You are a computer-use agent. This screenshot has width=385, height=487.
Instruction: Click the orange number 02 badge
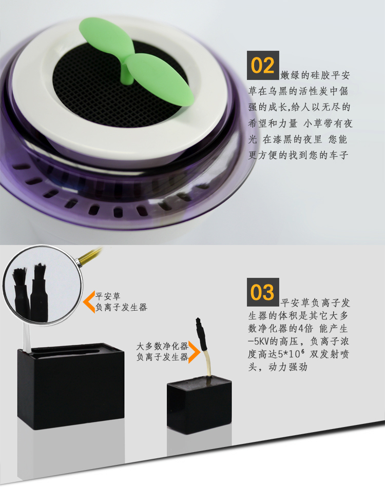263,65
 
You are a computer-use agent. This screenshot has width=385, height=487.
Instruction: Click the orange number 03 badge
263,292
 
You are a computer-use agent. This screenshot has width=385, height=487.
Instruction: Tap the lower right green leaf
160,79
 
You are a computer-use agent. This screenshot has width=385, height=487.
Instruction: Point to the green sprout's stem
127,73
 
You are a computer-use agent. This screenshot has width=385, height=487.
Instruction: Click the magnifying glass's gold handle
90,256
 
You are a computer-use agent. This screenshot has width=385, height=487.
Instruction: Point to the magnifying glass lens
43,285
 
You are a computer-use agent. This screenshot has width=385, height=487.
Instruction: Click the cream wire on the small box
207,363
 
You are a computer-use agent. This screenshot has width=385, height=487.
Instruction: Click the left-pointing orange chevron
89,301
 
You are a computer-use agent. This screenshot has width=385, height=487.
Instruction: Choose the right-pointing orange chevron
195,352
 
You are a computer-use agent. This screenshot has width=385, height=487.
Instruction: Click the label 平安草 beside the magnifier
108,296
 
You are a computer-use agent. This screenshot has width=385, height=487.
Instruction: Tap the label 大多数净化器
162,346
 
